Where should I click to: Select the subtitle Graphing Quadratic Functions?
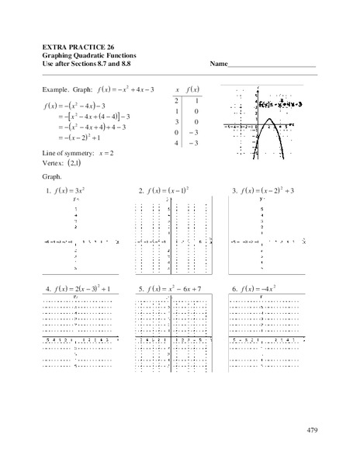coord(92,55)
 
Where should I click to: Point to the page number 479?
coord(312,429)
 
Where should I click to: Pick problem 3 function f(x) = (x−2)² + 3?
coord(268,190)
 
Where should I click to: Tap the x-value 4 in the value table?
coord(177,144)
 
